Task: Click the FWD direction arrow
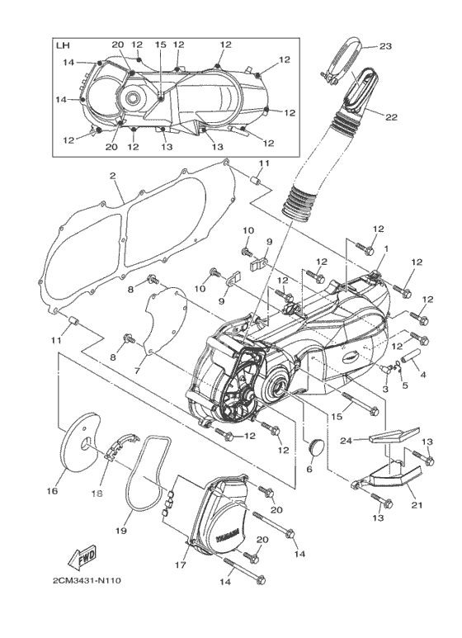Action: click(82, 557)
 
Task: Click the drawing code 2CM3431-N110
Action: click(87, 580)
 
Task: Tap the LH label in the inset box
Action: click(63, 45)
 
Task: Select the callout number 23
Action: click(385, 46)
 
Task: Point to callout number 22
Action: click(391, 117)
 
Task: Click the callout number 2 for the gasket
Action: click(112, 176)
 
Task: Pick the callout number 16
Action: click(52, 491)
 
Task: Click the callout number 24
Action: click(346, 439)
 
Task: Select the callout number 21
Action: click(417, 505)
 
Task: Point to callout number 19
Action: click(120, 531)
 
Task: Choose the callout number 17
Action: click(180, 565)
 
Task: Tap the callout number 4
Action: click(422, 375)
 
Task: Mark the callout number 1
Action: click(386, 248)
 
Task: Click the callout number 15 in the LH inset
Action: click(161, 45)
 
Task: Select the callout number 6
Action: click(309, 470)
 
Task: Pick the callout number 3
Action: click(385, 390)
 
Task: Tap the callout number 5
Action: click(404, 384)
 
